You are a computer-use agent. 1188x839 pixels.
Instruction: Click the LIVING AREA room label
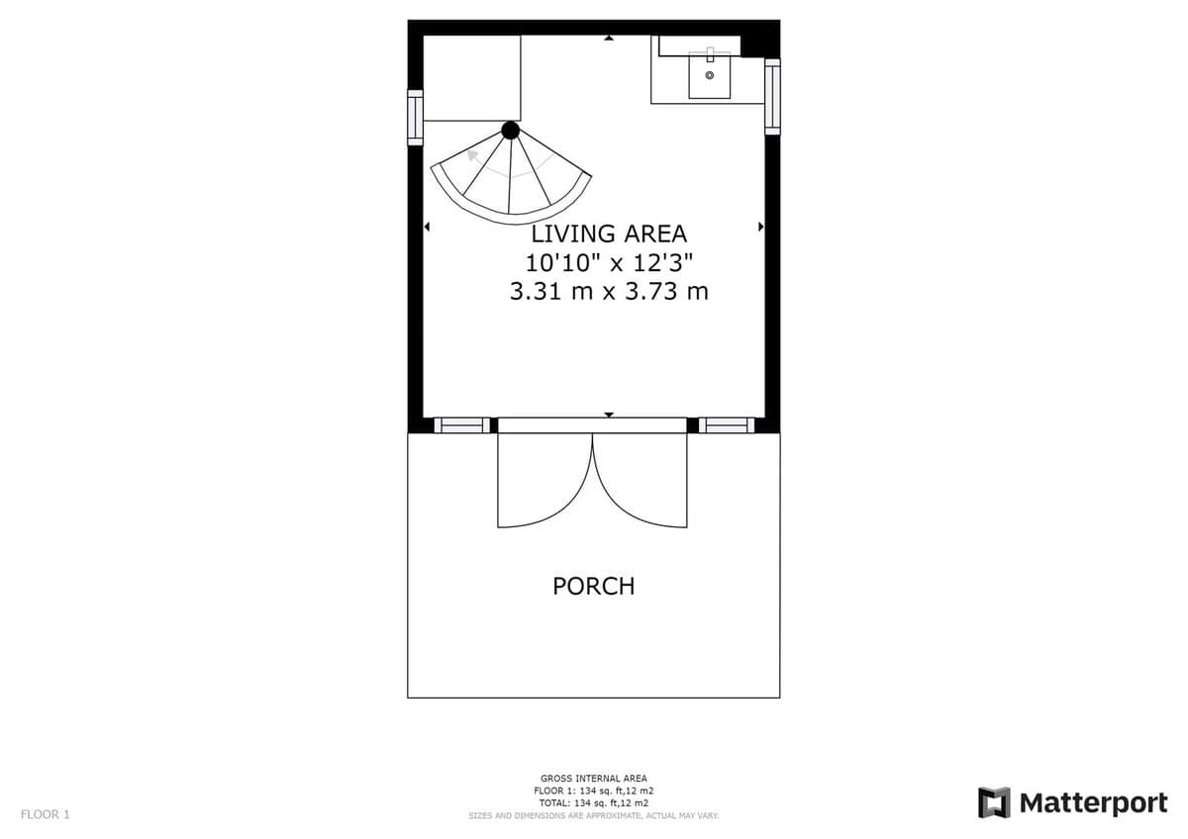coord(609,233)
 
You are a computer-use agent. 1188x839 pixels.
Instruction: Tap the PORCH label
coord(593,586)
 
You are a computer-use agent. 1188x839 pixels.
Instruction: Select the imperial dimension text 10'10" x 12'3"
coord(609,263)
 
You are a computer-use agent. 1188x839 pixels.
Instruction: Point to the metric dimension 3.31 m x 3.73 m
coord(609,292)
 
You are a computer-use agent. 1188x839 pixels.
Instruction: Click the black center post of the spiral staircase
coord(510,130)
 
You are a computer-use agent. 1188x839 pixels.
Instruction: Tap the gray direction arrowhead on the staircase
coord(471,155)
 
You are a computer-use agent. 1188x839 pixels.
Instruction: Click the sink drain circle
coord(710,75)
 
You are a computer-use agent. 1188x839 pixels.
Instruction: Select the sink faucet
coord(710,54)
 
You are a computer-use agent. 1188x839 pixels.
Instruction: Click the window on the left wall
coord(415,118)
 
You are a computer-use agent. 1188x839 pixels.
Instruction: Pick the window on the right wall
coord(772,96)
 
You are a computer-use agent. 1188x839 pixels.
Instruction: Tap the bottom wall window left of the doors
coord(462,425)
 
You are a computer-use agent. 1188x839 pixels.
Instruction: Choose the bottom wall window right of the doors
coord(727,425)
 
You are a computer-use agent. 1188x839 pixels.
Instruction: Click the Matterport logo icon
coord(994,803)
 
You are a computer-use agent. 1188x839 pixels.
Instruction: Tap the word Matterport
coord(1094,803)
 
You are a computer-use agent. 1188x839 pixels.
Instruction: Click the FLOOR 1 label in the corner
coord(46,814)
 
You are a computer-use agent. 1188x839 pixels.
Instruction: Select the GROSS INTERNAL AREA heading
coord(593,778)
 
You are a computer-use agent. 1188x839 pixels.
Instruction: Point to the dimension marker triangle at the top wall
coord(609,38)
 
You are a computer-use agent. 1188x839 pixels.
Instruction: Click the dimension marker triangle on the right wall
coord(761,227)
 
